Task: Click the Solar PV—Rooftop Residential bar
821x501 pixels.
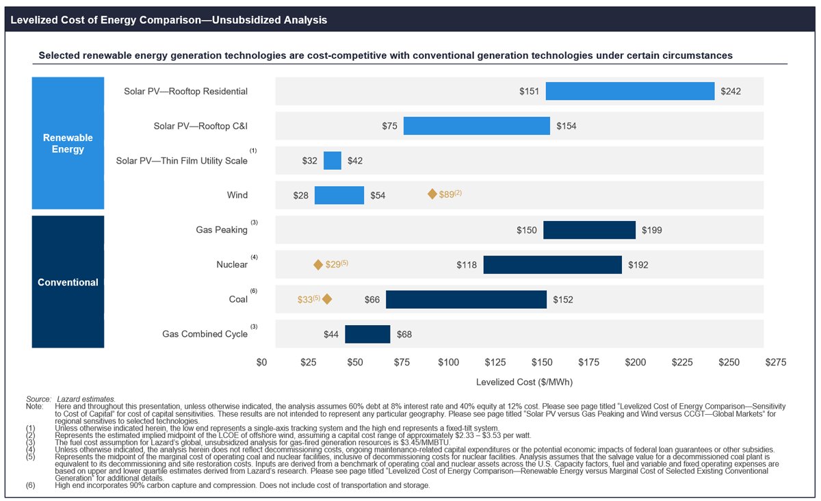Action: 629,91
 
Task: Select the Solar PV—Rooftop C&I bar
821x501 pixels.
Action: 476,126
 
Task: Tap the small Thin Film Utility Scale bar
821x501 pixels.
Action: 333,161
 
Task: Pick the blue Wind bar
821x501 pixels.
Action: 339,195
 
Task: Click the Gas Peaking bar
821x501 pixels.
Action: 589,230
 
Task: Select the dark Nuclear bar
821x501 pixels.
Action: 552,265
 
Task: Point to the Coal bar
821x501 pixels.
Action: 466,299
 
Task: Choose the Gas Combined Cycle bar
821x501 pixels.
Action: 367,334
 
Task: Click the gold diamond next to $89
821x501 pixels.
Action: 432,194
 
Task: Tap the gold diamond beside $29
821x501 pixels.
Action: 318,265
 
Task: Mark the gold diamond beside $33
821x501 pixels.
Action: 327,299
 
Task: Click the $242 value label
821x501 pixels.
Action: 731,91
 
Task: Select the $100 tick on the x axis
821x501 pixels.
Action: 448,362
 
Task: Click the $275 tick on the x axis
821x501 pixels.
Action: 775,362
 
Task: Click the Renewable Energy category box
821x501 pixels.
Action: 68,143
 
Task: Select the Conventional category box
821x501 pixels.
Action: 68,282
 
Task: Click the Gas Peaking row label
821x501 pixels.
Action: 221,230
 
